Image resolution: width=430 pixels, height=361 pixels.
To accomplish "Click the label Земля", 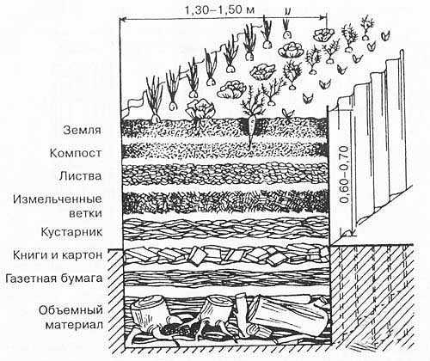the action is (83, 130).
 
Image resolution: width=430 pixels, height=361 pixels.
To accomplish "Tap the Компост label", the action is (76, 153).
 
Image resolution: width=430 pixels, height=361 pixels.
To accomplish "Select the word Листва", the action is (80, 176).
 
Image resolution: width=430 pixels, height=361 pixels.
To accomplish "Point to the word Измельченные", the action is (58, 199).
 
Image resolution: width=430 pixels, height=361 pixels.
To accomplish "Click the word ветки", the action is (86, 214).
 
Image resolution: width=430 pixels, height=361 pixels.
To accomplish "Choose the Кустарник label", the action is (71, 231).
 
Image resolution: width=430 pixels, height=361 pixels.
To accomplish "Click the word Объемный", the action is (71, 310).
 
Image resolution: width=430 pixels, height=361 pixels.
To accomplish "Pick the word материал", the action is (74, 326).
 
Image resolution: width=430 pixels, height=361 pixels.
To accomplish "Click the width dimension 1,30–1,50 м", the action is (219, 10).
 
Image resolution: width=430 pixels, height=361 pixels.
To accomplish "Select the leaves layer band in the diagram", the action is (225, 174).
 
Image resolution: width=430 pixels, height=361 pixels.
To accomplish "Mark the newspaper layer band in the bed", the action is (226, 278).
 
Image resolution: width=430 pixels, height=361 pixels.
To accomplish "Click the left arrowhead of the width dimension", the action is (122, 20).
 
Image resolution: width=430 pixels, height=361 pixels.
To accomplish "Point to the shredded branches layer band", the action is (225, 202).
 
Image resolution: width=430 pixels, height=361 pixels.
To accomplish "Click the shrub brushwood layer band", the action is (225, 229).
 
